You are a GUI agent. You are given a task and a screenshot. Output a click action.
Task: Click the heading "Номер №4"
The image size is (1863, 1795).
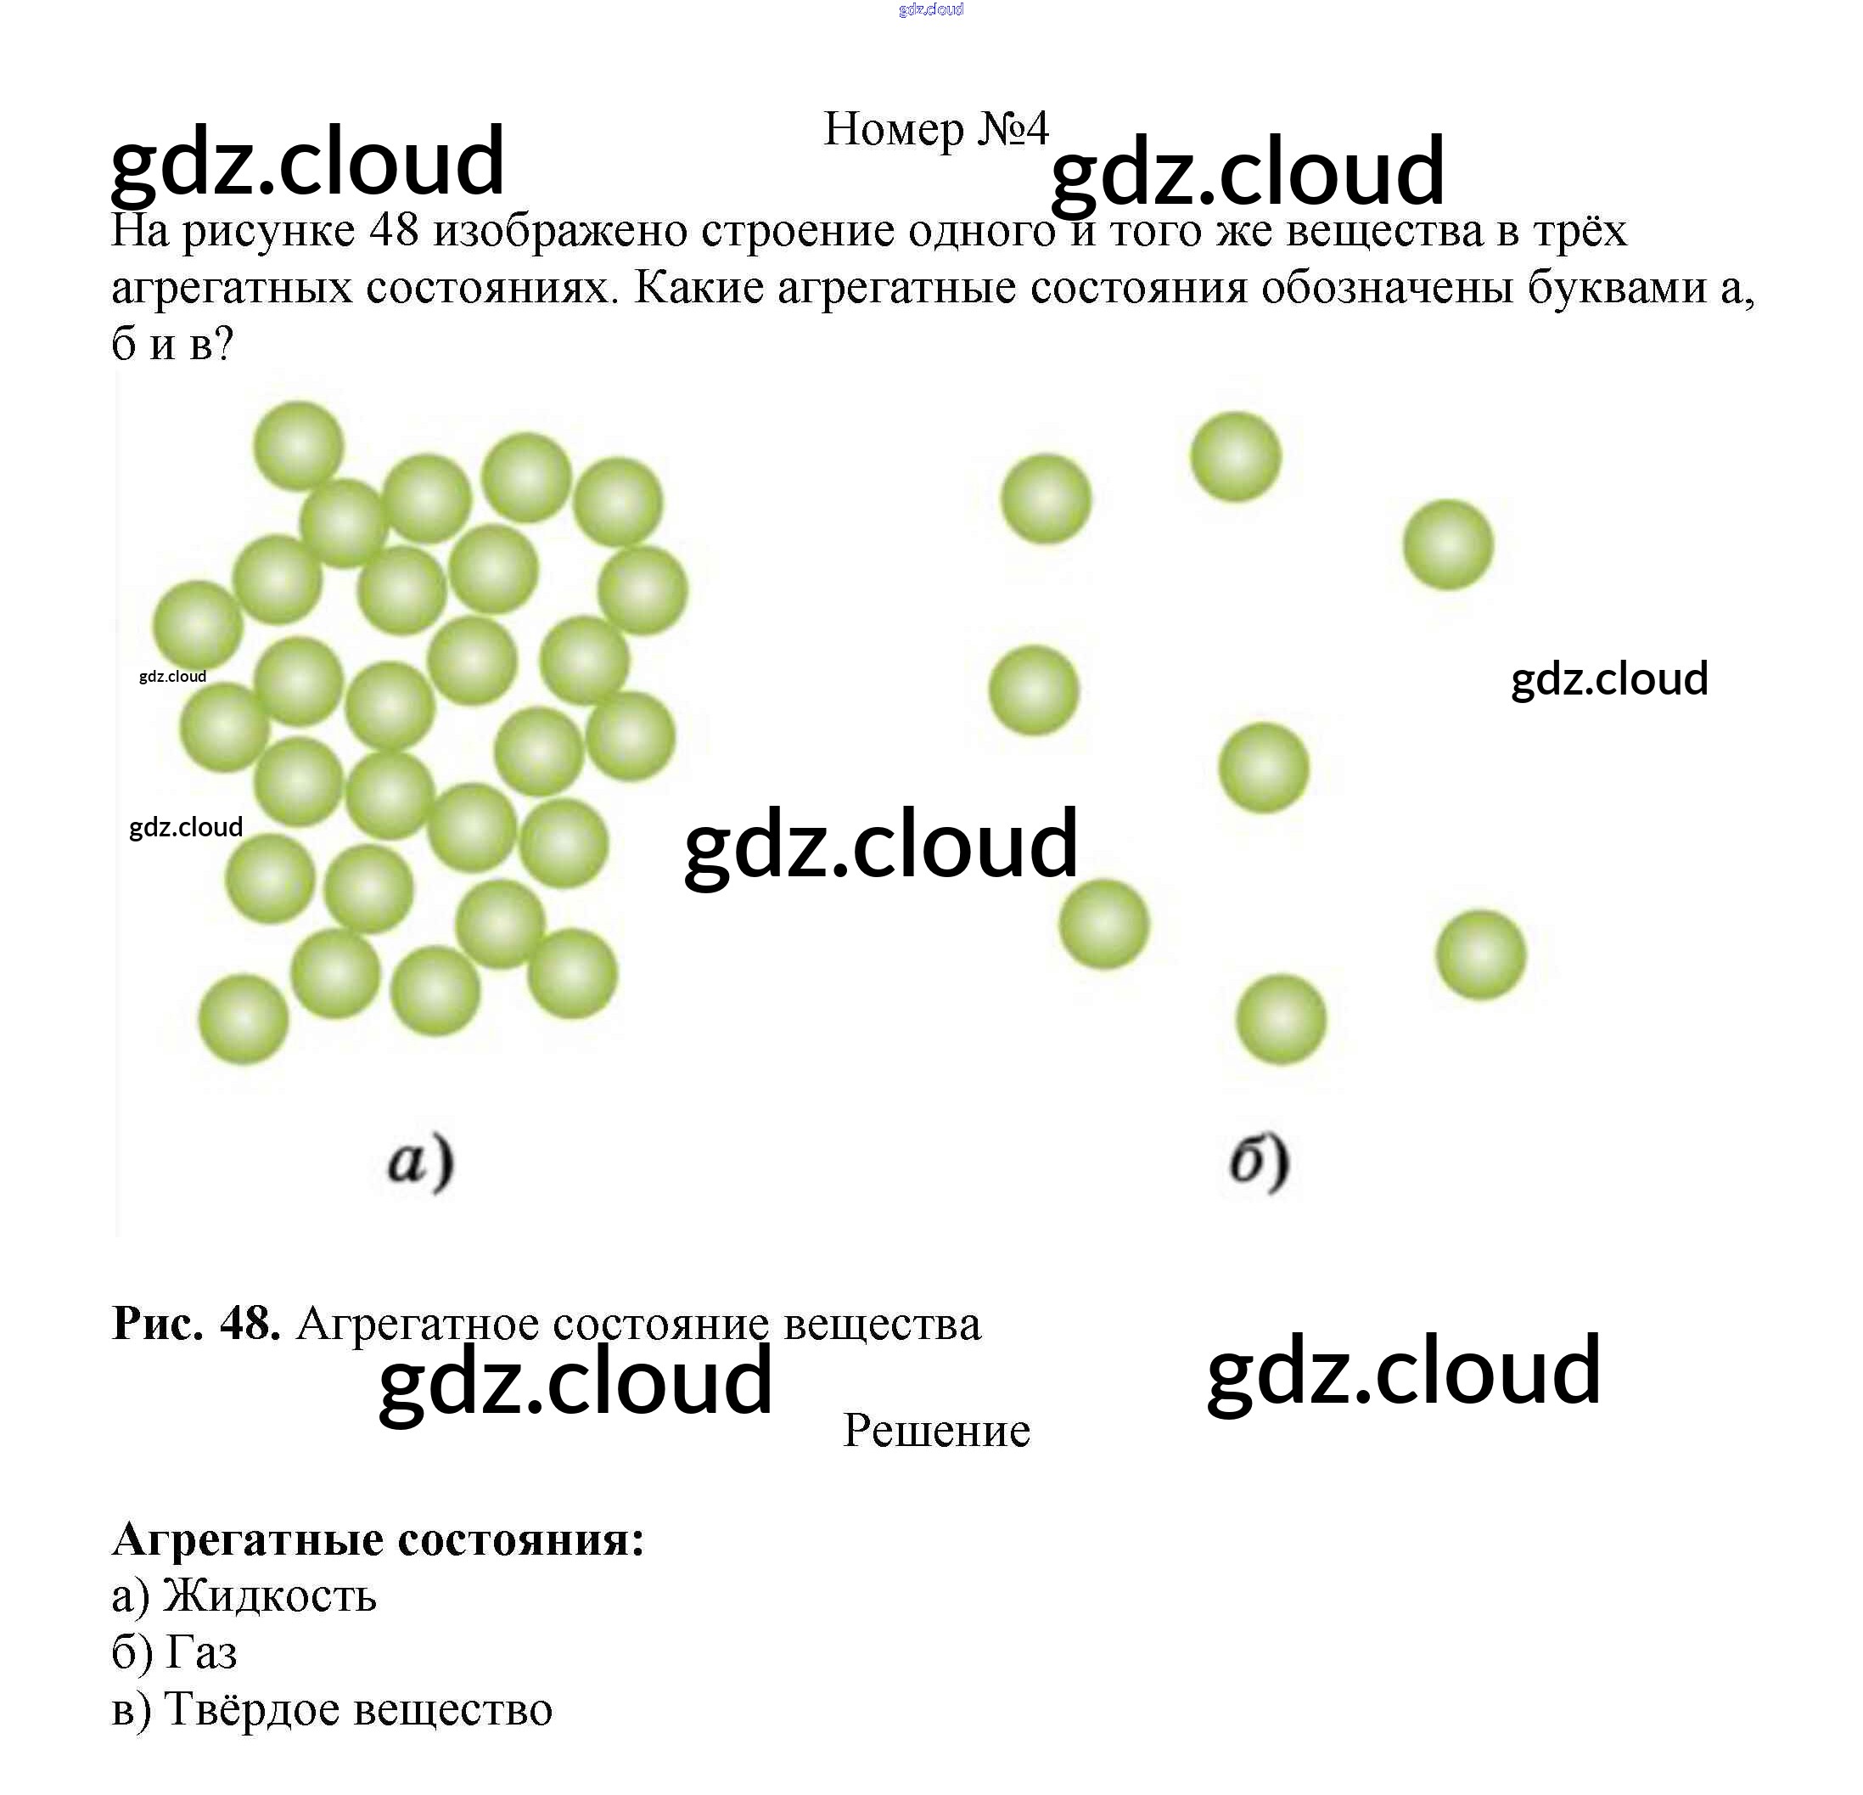pyautogui.click(x=935, y=128)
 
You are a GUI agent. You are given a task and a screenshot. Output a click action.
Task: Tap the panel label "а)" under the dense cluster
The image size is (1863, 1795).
pyautogui.click(x=420, y=1162)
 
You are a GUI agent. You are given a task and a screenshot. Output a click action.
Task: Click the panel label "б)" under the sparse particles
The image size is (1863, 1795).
pyautogui.click(x=1259, y=1162)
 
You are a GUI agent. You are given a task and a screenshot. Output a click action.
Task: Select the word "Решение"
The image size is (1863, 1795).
pyautogui.click(x=936, y=1430)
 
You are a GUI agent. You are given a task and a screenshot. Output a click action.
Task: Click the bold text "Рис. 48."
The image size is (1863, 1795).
pyautogui.click(x=196, y=1323)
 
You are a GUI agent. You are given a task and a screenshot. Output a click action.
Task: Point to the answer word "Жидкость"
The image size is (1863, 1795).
pyautogui.click(x=270, y=1595)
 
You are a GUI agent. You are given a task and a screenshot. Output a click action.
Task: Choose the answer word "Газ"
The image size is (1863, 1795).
pyautogui.click(x=201, y=1652)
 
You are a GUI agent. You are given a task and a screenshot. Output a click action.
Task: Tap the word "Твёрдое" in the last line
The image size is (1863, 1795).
pyautogui.click(x=251, y=1709)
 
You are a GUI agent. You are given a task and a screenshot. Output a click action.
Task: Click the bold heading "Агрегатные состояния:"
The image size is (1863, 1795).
pyautogui.click(x=379, y=1539)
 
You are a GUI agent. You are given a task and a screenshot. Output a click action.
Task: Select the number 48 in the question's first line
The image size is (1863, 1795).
pyautogui.click(x=395, y=230)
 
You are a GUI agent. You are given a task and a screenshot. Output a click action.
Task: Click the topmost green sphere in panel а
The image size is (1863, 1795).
pyautogui.click(x=299, y=446)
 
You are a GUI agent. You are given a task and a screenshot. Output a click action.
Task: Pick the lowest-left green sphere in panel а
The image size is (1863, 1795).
pyautogui.click(x=244, y=1019)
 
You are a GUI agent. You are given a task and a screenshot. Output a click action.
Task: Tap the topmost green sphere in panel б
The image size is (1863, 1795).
pyautogui.click(x=1236, y=456)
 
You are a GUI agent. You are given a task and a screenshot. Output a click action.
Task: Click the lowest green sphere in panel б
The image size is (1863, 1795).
pyautogui.click(x=1282, y=1019)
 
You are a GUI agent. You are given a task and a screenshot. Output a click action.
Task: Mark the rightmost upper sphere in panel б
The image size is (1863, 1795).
pyautogui.click(x=1449, y=545)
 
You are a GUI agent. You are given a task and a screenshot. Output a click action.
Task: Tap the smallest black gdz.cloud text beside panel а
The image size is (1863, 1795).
pyautogui.click(x=172, y=676)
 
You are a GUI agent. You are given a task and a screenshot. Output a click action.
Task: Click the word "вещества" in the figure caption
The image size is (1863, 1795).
pyautogui.click(x=882, y=1324)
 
